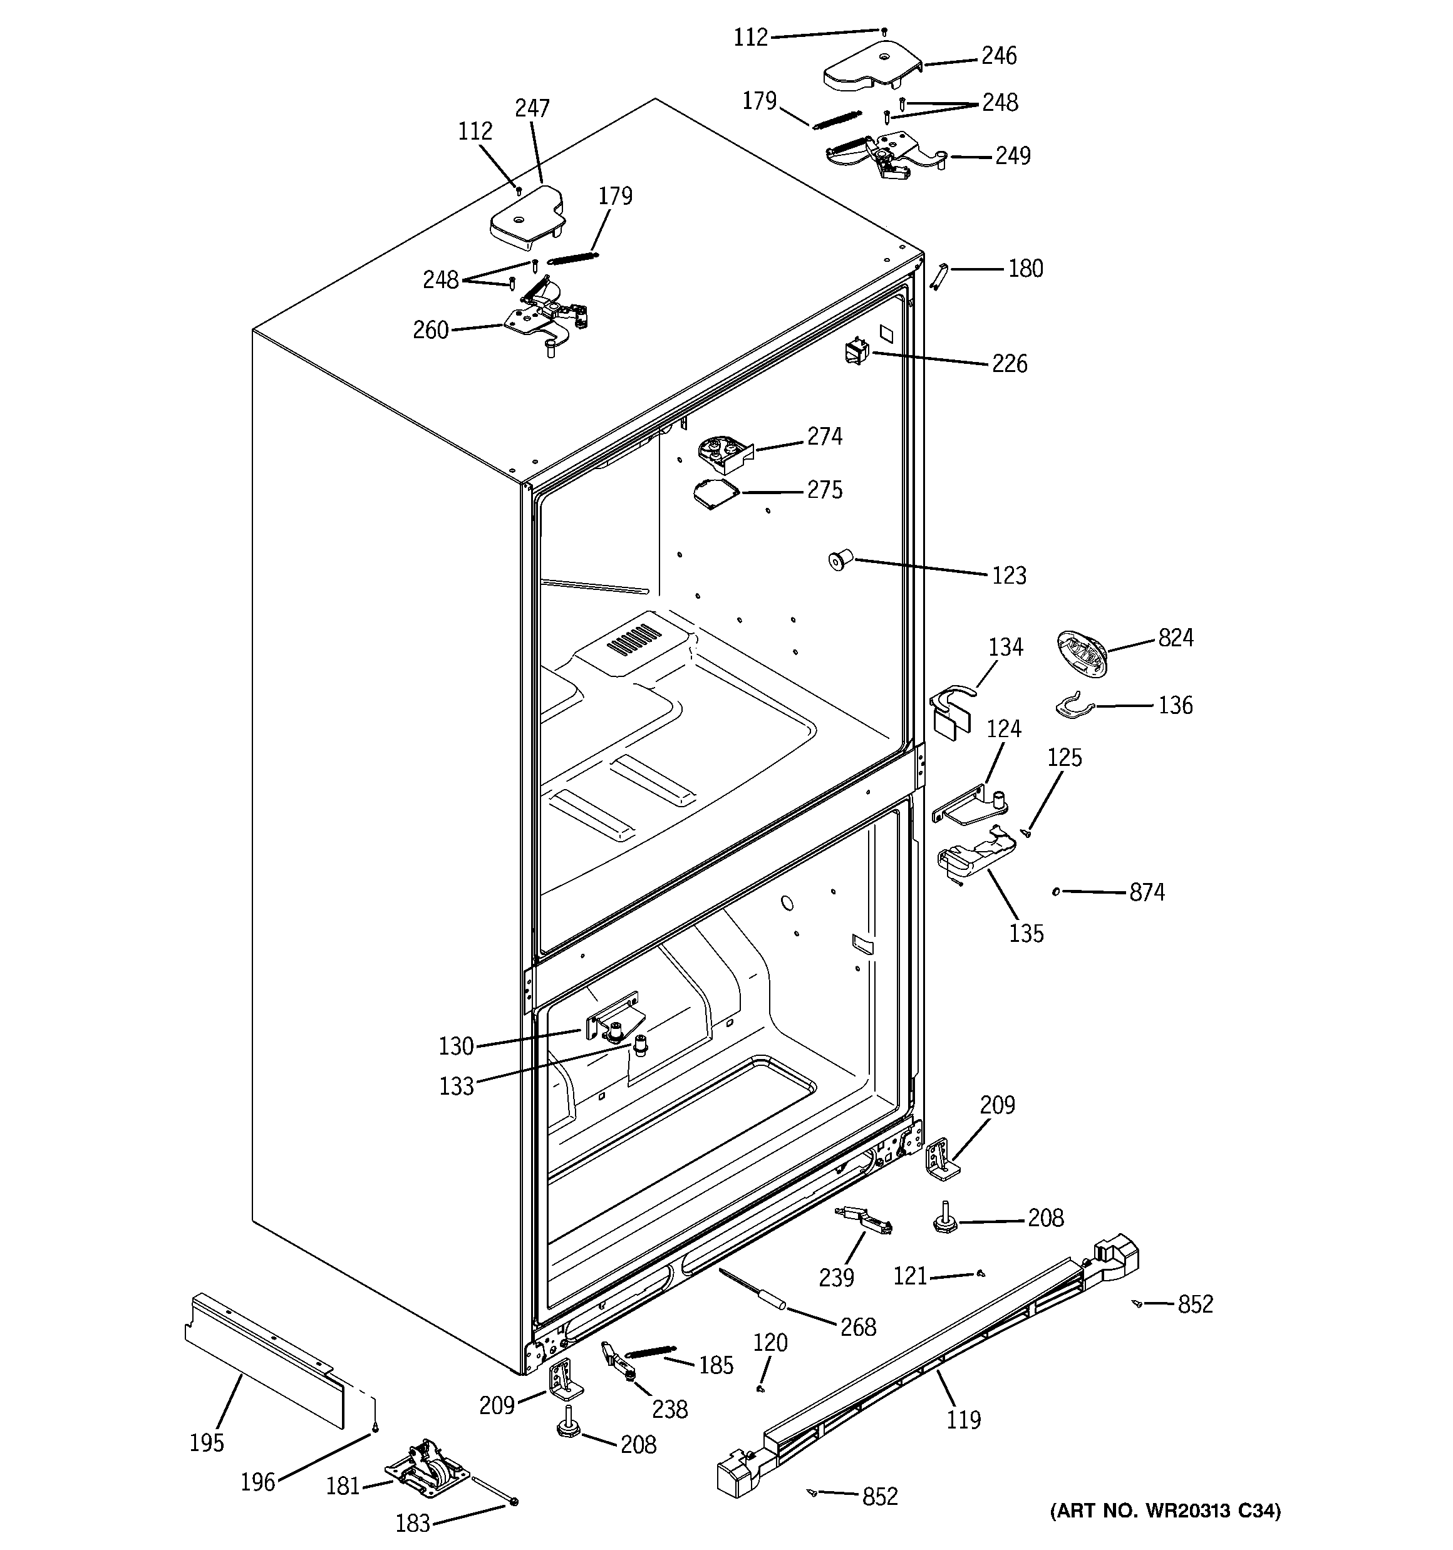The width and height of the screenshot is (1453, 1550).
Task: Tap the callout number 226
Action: click(x=1009, y=363)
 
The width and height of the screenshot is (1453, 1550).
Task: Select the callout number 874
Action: click(x=1147, y=892)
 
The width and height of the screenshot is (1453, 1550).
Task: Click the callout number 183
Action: click(x=413, y=1522)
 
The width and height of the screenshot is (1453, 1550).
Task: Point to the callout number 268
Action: click(x=858, y=1326)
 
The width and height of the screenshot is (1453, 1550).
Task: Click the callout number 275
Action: click(x=824, y=490)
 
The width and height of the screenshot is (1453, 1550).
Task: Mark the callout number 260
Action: click(x=430, y=330)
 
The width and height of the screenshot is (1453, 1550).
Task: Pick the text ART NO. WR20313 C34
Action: click(x=1164, y=1511)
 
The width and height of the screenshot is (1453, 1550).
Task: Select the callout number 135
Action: click(x=1026, y=933)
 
